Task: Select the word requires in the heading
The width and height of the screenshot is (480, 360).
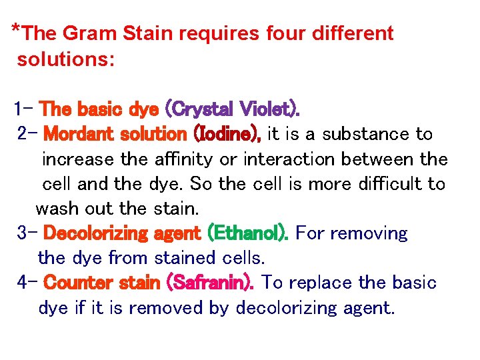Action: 224,34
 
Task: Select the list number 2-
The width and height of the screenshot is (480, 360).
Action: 27,133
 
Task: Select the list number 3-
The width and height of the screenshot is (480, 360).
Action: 27,233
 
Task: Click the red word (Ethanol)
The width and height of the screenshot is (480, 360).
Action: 248,233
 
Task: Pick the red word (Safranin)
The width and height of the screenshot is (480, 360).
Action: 213,283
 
